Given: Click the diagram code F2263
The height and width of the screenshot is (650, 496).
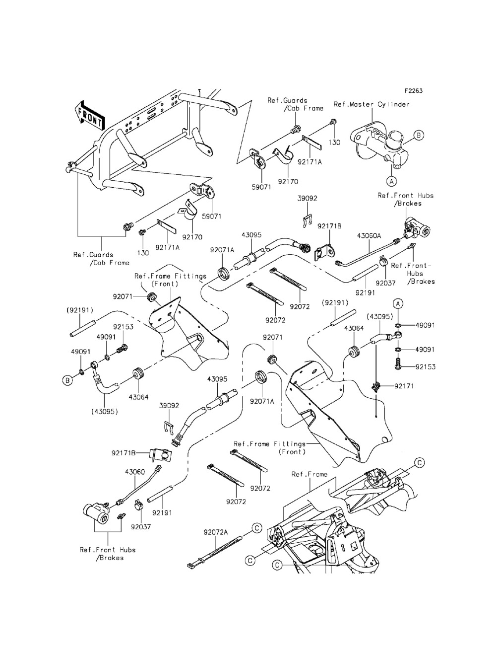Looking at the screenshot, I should click(x=413, y=91).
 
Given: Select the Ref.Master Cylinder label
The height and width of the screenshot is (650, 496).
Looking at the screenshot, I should click(x=372, y=104).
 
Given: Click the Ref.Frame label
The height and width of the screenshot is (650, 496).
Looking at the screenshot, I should click(x=310, y=474).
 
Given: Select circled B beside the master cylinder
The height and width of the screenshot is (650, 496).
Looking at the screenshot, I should click(x=418, y=135).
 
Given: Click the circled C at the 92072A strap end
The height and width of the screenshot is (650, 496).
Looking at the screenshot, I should click(x=256, y=528).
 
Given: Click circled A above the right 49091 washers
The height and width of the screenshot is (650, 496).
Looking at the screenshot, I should click(x=397, y=302).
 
